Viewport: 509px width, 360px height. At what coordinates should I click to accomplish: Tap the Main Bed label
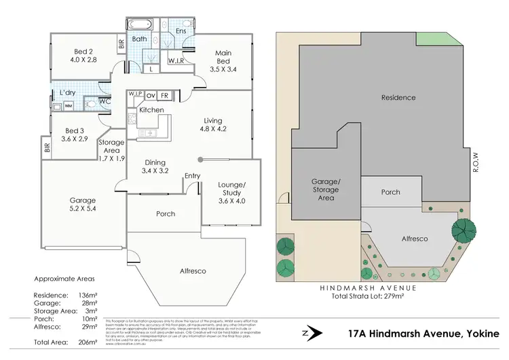tap(223, 58)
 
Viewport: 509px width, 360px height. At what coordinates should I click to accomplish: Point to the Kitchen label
tap(151, 109)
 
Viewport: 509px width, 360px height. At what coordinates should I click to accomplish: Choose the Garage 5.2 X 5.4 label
tap(83, 205)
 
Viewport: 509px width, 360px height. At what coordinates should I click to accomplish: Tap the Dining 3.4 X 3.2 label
tap(155, 166)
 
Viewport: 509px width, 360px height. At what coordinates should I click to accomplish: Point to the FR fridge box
tap(164, 96)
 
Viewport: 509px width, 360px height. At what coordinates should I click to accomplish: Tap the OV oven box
tap(151, 96)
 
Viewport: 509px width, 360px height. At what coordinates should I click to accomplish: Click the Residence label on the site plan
tap(398, 98)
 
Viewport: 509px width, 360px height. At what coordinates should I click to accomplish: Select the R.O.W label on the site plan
tap(476, 161)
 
